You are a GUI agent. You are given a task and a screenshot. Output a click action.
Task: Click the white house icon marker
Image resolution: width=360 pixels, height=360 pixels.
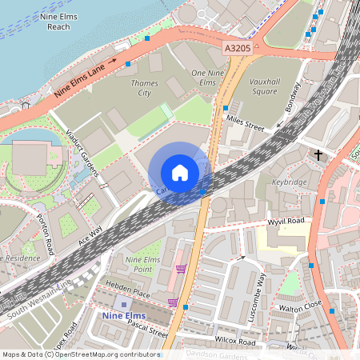click(180, 172)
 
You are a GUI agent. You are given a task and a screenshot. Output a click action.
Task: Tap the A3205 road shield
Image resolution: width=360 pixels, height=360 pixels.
click(238, 49)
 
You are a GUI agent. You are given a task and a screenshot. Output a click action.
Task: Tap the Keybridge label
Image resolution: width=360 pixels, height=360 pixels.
click(290, 182)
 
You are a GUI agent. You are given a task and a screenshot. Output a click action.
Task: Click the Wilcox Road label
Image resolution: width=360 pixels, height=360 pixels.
click(234, 342)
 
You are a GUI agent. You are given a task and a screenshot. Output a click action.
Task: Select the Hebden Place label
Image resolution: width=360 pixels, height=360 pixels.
click(128, 294)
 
